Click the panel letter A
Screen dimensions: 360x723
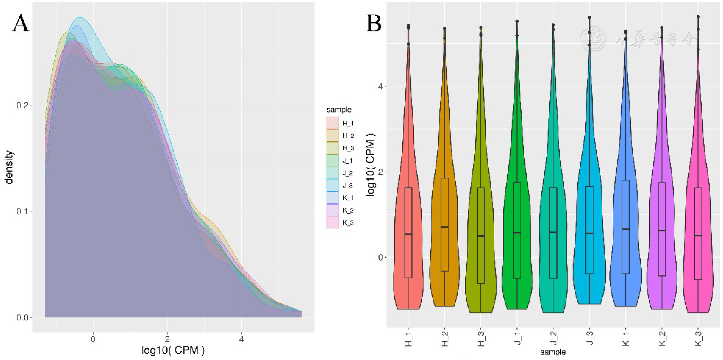pyautogui.click(x=20, y=23)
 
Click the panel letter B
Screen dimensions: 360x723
pyautogui.click(x=374, y=23)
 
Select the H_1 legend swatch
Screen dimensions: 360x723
pyautogui.click(x=332, y=123)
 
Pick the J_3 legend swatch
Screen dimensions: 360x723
pyautogui.click(x=332, y=185)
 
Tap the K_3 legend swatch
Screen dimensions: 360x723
pyautogui.click(x=332, y=223)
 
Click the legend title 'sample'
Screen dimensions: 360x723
pyautogui.click(x=339, y=110)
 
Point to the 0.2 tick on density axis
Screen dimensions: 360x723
pyautogui.click(x=22, y=105)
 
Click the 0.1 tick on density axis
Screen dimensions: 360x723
pyautogui.click(x=22, y=211)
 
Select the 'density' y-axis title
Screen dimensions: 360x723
pyautogui.click(x=9, y=167)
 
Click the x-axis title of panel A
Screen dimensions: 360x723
pyautogui.click(x=173, y=350)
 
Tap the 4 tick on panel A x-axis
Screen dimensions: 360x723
pyautogui.click(x=241, y=339)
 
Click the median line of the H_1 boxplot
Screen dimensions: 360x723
pyautogui.click(x=408, y=234)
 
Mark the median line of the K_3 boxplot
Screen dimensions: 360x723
pyautogui.click(x=698, y=236)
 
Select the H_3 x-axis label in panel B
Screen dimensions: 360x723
pyautogui.click(x=481, y=338)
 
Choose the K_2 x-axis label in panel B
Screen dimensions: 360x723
pyautogui.click(x=662, y=338)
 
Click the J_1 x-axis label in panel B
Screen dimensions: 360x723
pyautogui.click(x=517, y=338)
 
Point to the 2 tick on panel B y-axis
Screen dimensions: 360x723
pyautogui.click(x=381, y=172)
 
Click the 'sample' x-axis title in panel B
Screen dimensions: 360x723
pyautogui.click(x=553, y=352)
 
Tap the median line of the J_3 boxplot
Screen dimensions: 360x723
pyautogui.click(x=589, y=233)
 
